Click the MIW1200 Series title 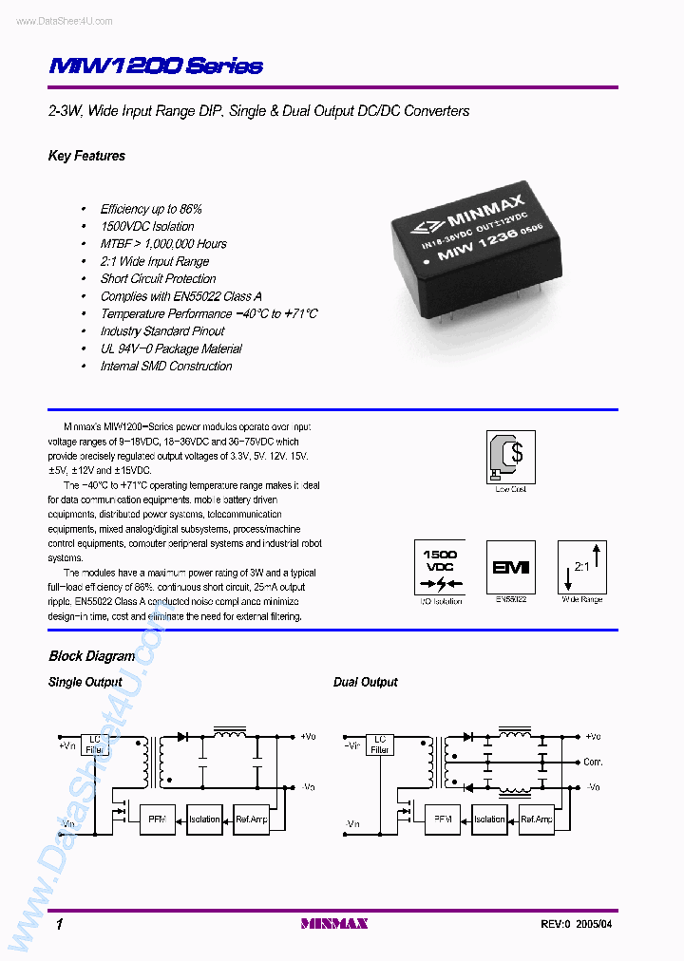[155, 66]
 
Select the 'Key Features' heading [86, 156]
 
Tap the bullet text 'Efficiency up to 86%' [151, 209]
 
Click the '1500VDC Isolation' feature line [147, 226]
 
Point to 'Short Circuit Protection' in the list [158, 279]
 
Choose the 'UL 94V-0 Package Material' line [165, 349]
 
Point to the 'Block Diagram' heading [91, 656]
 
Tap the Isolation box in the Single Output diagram [204, 819]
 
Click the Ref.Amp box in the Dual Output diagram [537, 819]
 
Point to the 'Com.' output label [593, 762]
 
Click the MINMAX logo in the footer [333, 923]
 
